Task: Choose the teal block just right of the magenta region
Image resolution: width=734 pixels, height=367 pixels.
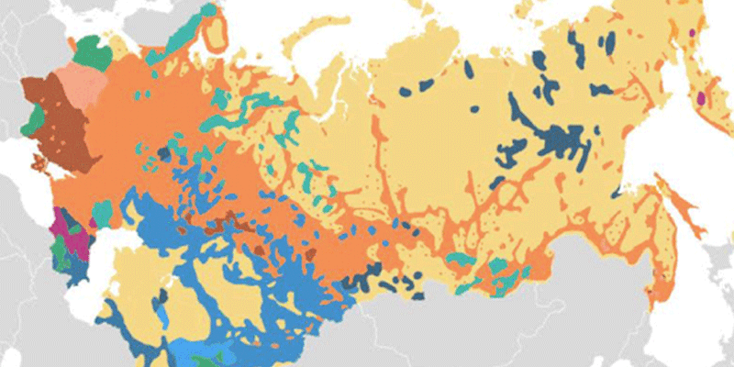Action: coord(102,213)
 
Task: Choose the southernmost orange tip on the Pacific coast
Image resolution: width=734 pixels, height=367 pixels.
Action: coord(657,298)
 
